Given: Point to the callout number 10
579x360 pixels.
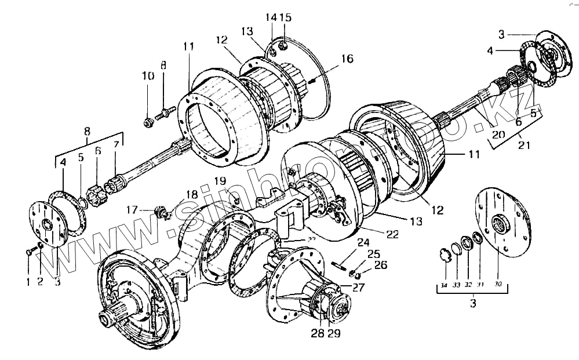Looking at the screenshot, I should click(x=145, y=75).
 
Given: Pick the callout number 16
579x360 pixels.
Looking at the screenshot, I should click(x=347, y=59).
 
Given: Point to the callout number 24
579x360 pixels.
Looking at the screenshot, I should click(x=363, y=242).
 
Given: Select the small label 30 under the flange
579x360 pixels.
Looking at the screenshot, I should click(x=497, y=285).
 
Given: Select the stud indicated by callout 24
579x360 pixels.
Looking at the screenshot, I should click(x=338, y=266).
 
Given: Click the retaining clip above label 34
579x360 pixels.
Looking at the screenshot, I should click(x=445, y=254).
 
